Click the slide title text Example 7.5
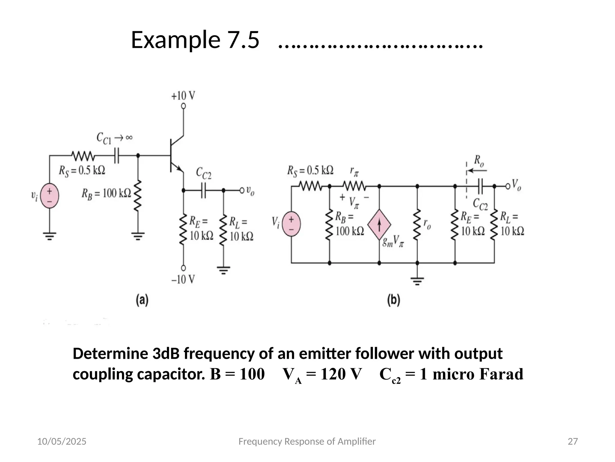pyautogui.click(x=195, y=40)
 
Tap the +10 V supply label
pyautogui.click(x=183, y=96)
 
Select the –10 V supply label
pyautogui.click(x=183, y=279)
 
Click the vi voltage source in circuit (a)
pyautogui.click(x=50, y=196)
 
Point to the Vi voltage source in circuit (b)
pyautogui.click(x=291, y=224)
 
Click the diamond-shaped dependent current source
pyautogui.click(x=379, y=225)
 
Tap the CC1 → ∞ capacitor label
pyautogui.click(x=114, y=138)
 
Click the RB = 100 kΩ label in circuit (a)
pyautogui.click(x=106, y=193)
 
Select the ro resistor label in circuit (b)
pyautogui.click(x=427, y=224)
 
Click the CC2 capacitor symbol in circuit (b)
pyautogui.click(x=480, y=186)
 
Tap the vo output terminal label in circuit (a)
pyautogui.click(x=250, y=190)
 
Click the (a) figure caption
pyautogui.click(x=142, y=300)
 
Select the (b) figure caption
pyautogui.click(x=393, y=300)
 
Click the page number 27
pyautogui.click(x=573, y=441)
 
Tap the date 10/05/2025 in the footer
pyautogui.click(x=62, y=441)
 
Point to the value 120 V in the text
pyautogui.click(x=341, y=374)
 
